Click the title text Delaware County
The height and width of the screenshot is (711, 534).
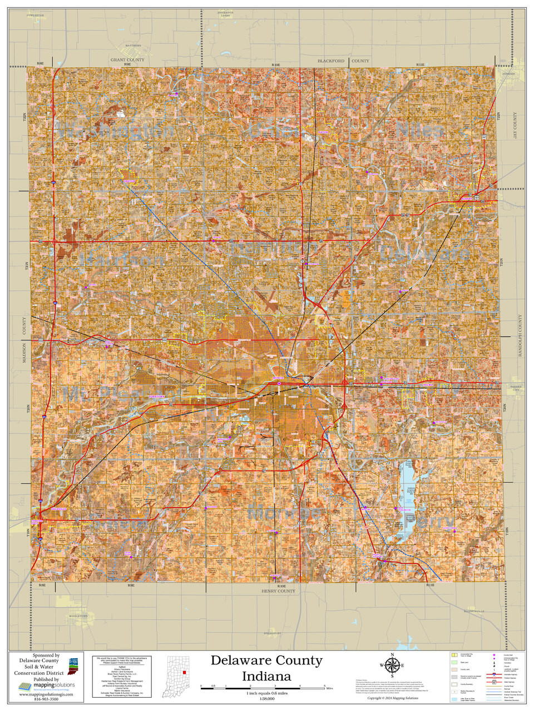(x=266, y=660)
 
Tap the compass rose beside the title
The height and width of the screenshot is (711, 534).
(x=392, y=665)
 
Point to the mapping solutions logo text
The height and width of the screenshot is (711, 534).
(x=50, y=687)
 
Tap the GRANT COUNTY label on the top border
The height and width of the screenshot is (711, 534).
(x=127, y=59)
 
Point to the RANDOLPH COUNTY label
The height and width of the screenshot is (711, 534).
(x=520, y=339)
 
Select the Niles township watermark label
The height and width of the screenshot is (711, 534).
(x=420, y=131)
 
